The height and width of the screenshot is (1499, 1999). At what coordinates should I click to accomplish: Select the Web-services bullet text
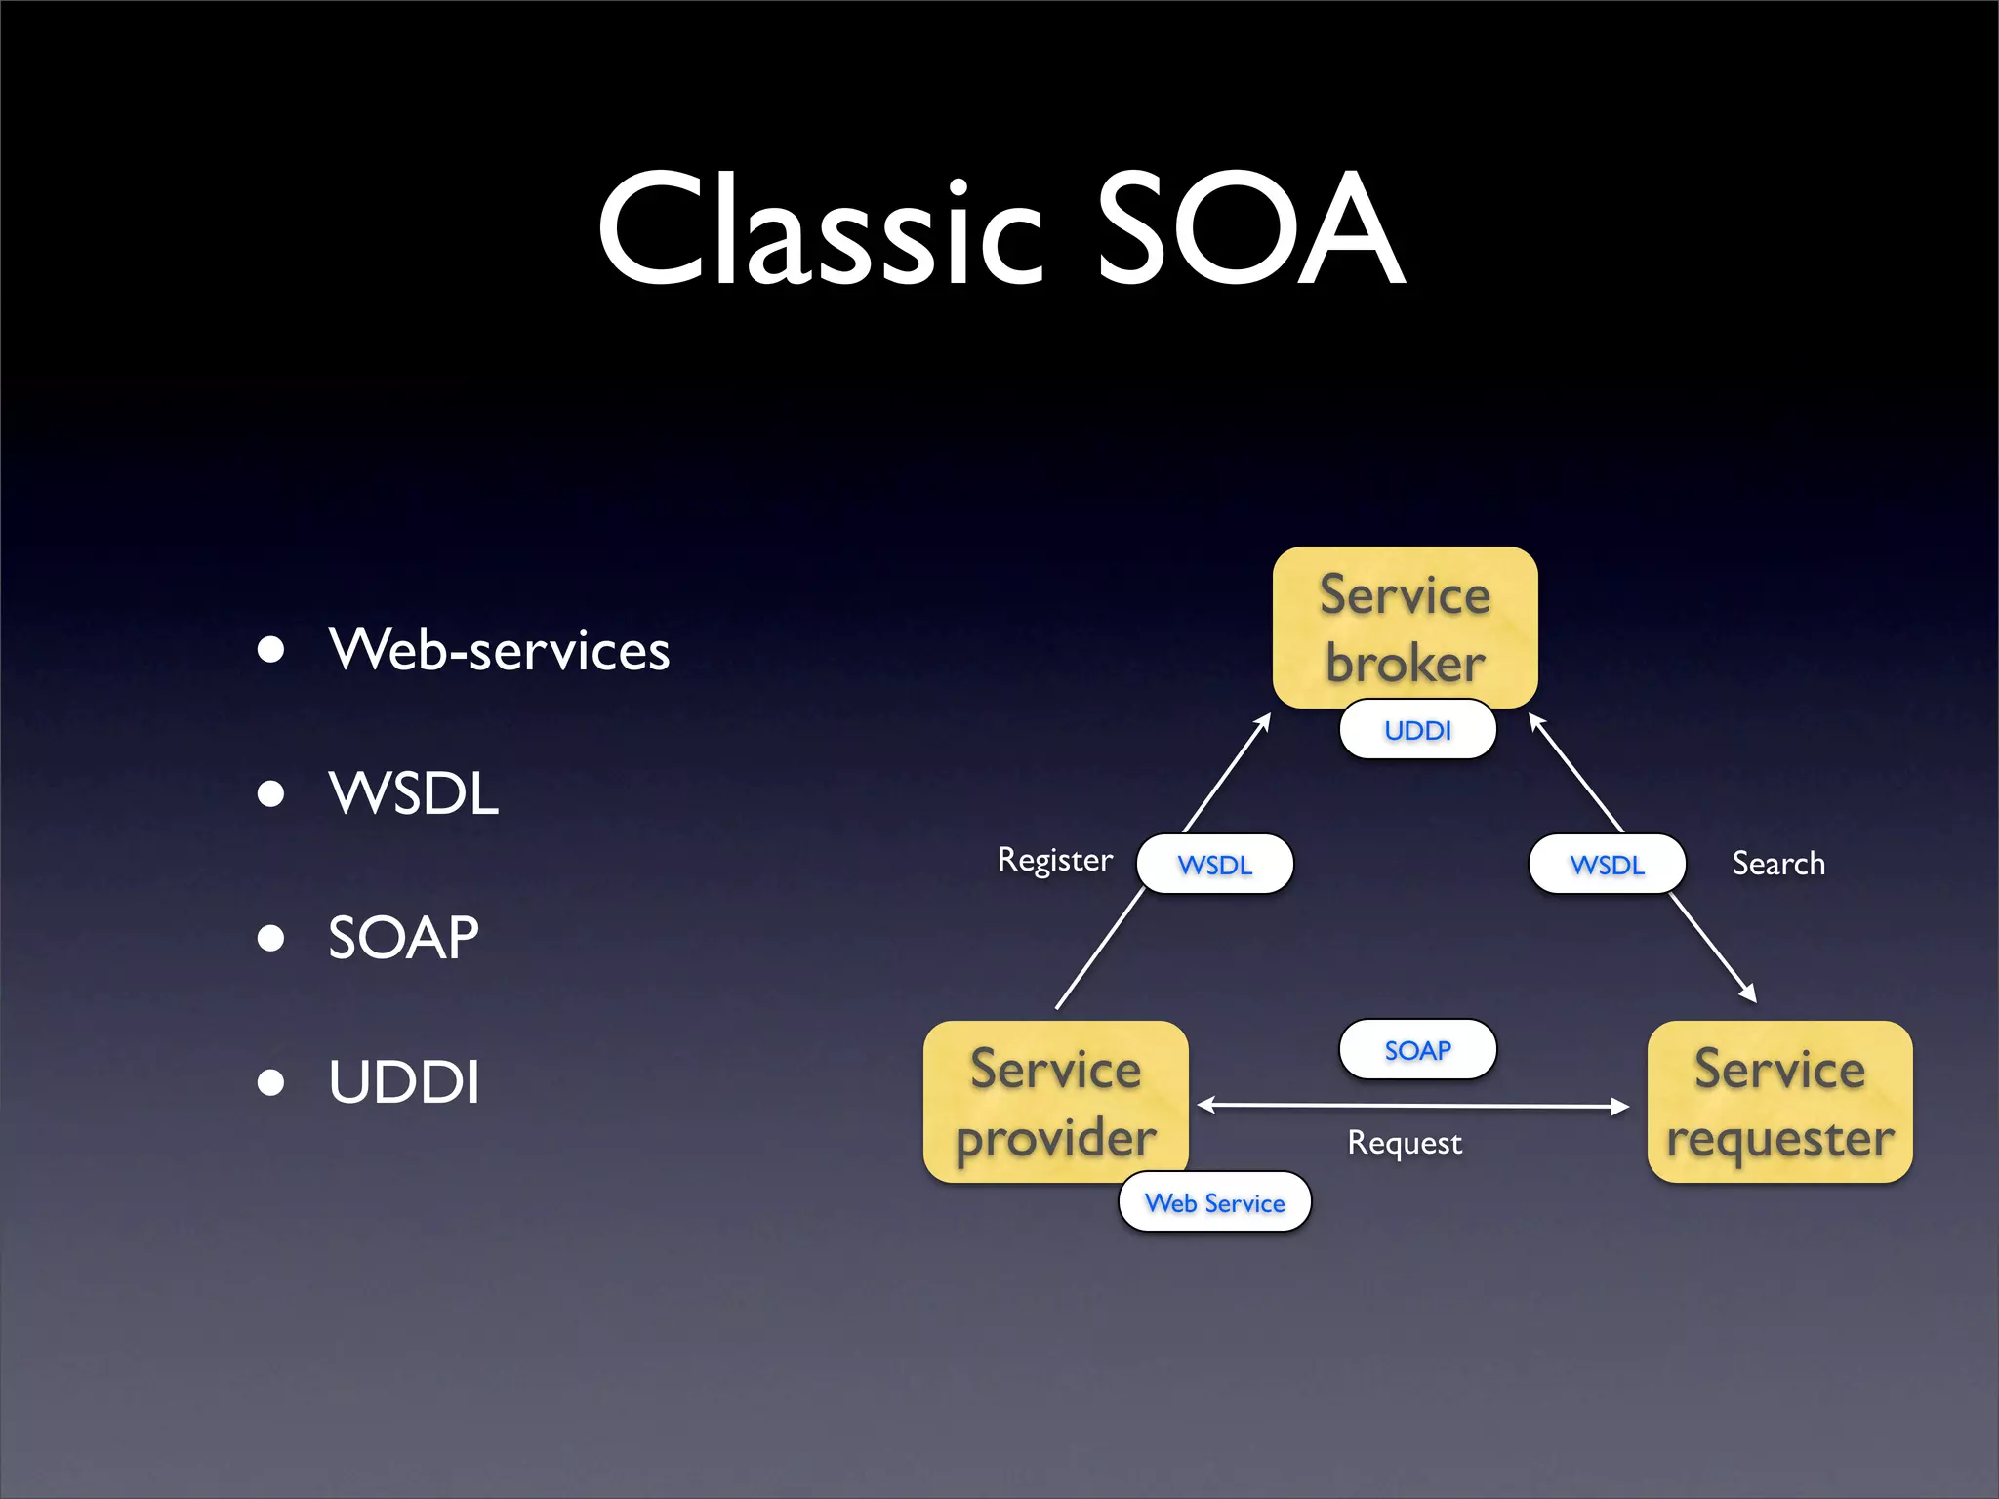[x=499, y=650]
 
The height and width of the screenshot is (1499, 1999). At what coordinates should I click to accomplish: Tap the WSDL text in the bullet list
[x=414, y=792]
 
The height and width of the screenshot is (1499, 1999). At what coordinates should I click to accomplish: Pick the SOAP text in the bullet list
[x=403, y=937]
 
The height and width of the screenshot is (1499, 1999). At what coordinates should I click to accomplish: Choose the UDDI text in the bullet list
[x=404, y=1081]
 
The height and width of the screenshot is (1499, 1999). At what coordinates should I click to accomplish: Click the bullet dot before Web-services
[x=270, y=650]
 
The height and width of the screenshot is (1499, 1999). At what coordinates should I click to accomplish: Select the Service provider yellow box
[x=1055, y=1101]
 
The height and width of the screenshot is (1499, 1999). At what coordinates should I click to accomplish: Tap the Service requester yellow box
[x=1779, y=1101]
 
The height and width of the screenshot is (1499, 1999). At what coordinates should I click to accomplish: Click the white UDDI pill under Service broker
[x=1417, y=730]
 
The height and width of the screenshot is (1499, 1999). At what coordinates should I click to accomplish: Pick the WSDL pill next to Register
[x=1214, y=865]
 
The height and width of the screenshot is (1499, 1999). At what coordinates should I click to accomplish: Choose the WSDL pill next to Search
[x=1607, y=865]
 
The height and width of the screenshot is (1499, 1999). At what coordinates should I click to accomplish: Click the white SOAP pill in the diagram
[x=1417, y=1050]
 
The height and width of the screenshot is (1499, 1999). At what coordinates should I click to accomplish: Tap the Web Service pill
[x=1214, y=1202]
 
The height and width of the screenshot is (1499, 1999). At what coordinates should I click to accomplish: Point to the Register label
[x=1054, y=860]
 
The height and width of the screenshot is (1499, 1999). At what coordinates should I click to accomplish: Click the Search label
[x=1778, y=864]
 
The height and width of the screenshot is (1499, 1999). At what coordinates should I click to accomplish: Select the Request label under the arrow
[x=1405, y=1143]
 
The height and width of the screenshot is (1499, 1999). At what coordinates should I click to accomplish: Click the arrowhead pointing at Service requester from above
[x=1749, y=994]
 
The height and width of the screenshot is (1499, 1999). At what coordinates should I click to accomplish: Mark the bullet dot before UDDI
[x=270, y=1082]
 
